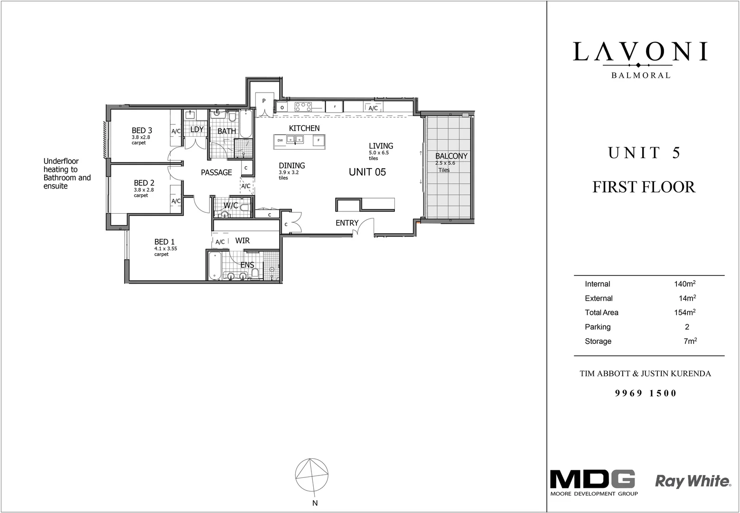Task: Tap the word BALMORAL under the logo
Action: coord(641,75)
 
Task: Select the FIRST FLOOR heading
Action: coord(644,187)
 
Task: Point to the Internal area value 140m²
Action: coord(684,284)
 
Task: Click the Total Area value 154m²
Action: coord(684,313)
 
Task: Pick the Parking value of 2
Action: coord(687,327)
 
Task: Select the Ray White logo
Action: coord(693,481)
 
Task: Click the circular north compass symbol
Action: coord(312,475)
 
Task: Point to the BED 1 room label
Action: coord(161,242)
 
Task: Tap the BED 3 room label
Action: coord(142,131)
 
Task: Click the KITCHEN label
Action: coord(304,128)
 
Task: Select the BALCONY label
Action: coord(451,156)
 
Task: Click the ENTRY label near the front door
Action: coord(347,223)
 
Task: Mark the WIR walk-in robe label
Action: coord(242,241)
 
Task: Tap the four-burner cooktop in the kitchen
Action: coord(303,107)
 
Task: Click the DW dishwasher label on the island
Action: coord(280,140)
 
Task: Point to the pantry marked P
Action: coord(264,101)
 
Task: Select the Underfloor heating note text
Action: coord(67,173)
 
